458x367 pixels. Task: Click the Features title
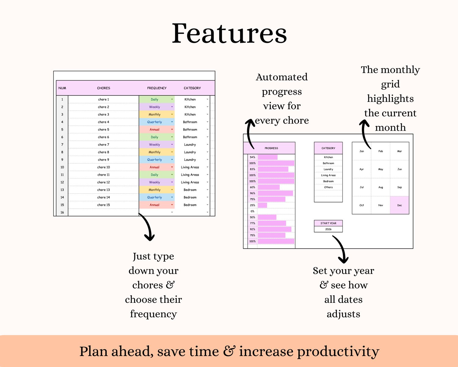pos(229,33)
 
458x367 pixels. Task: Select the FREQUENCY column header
pos(157,88)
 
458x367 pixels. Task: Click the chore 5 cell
pos(104,129)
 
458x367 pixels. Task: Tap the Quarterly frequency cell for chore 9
pos(157,160)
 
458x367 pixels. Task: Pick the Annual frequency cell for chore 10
pos(157,167)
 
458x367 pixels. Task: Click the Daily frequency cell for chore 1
pos(157,99)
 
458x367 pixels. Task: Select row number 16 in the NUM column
pos(62,212)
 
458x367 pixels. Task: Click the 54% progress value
pos(253,157)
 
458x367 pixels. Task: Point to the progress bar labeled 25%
pos(262,205)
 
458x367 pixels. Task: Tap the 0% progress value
pos(253,211)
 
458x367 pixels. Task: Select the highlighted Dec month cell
pos(399,205)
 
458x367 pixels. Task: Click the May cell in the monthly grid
pos(380,169)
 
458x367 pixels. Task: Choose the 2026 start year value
pos(328,229)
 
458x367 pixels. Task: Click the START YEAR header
pos(328,223)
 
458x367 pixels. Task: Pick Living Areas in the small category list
pos(328,175)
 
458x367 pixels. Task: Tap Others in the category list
pos(328,187)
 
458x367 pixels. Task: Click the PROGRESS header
pos(271,148)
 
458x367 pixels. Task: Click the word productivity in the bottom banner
pos(338,352)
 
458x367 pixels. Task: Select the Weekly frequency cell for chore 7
pos(157,145)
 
